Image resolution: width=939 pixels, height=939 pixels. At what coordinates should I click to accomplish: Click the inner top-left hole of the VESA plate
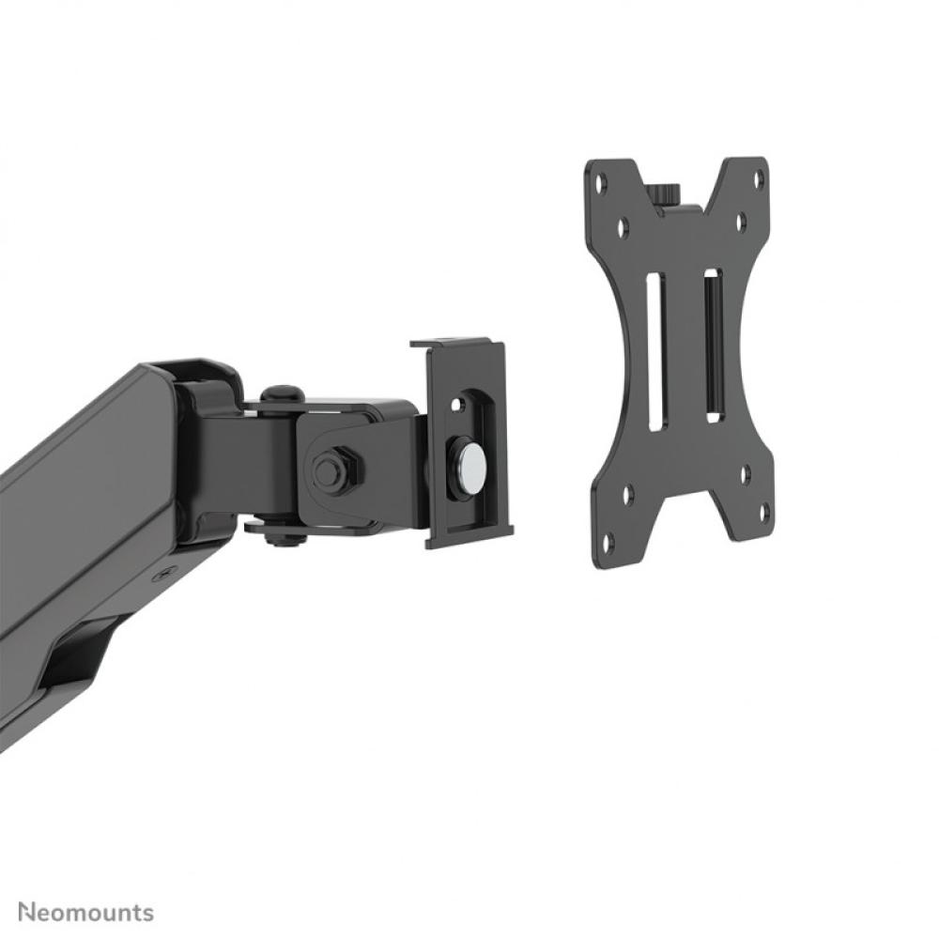click(x=623, y=226)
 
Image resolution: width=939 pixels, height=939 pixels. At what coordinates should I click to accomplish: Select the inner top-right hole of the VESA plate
click(x=740, y=222)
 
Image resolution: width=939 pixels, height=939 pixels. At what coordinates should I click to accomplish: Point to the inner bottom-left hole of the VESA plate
click(x=627, y=491)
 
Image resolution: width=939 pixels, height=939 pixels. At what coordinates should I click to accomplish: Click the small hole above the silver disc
click(x=457, y=405)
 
